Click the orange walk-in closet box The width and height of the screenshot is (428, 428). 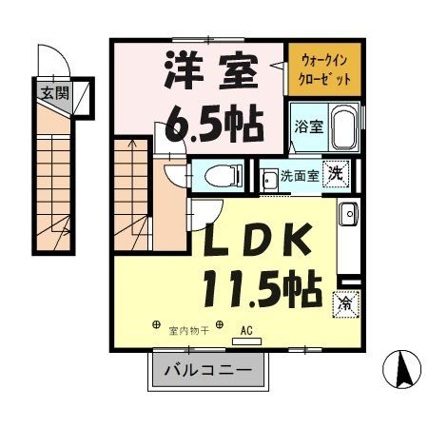(x=326, y=68)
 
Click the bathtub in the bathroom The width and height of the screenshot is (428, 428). (x=343, y=128)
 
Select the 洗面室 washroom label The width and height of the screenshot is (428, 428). (x=301, y=176)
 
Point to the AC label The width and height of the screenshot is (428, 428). (x=247, y=331)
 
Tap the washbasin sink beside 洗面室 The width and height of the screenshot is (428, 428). (x=269, y=177)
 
